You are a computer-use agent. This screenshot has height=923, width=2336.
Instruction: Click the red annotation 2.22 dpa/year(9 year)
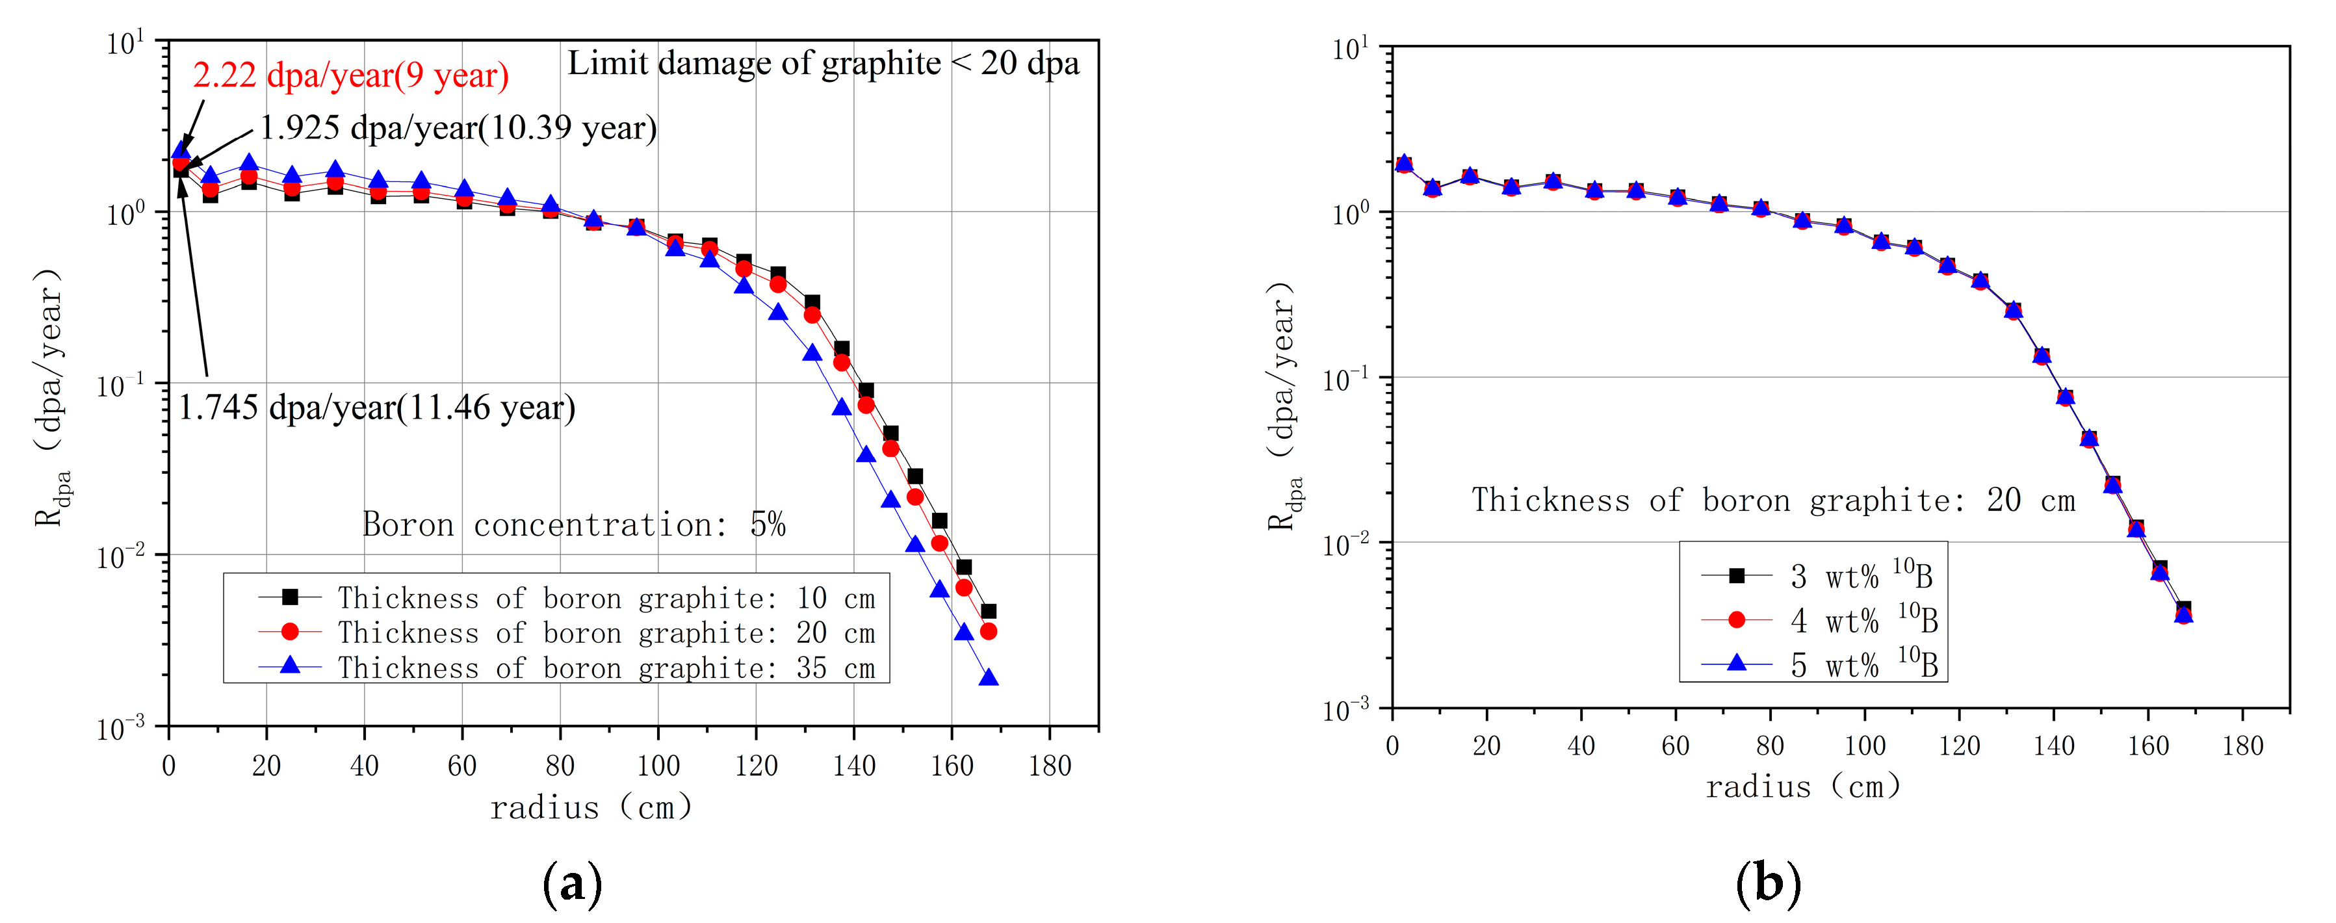[350, 75]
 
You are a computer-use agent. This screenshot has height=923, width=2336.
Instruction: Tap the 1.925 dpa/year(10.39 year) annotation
[458, 128]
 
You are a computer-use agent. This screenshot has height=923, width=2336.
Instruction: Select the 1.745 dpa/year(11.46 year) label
[376, 408]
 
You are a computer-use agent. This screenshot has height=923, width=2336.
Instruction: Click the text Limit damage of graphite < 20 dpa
[824, 64]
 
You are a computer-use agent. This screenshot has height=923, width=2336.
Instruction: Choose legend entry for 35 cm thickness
[567, 668]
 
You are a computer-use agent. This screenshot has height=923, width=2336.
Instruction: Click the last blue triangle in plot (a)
[989, 678]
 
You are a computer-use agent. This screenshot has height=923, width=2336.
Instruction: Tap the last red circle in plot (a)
[989, 631]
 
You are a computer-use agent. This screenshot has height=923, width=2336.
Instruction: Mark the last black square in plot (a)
[989, 611]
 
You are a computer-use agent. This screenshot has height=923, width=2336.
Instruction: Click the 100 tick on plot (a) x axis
[658, 766]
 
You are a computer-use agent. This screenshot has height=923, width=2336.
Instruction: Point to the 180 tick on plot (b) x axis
[2242, 746]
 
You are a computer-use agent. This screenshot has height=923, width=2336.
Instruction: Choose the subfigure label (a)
[572, 881]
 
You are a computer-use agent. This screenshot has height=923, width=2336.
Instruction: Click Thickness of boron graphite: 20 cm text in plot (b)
[1773, 500]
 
